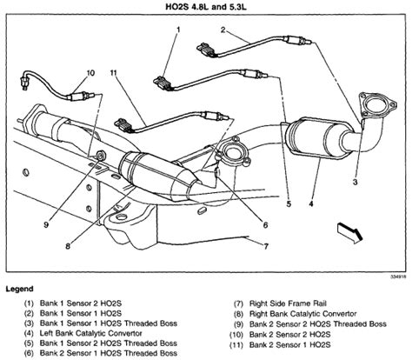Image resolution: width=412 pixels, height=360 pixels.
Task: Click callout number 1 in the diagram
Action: pyautogui.click(x=176, y=31)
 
